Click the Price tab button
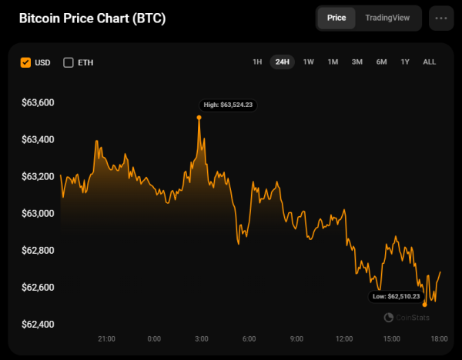point(336,18)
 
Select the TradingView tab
point(387,18)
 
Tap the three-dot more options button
point(441,18)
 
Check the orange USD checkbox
point(26,62)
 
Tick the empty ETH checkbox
point(69,62)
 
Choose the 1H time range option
point(257,62)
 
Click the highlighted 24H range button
point(283,62)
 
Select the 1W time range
point(308,62)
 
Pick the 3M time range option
point(357,62)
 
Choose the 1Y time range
point(405,62)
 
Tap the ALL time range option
point(430,62)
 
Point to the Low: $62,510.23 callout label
point(395,296)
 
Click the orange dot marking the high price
point(199,117)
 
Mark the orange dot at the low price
point(425,305)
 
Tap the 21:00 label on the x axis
point(106,339)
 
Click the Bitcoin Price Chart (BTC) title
point(92,18)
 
